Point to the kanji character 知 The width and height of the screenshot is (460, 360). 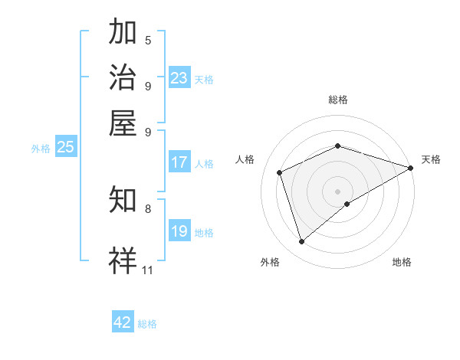tap(123, 199)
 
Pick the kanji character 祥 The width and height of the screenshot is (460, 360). tap(123, 258)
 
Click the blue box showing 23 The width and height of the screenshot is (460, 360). tap(179, 78)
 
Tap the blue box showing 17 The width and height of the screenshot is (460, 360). tap(179, 162)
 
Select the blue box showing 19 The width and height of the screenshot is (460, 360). tap(179, 231)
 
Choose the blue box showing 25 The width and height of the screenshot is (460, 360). tap(65, 147)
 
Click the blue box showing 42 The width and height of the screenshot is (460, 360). tap(123, 322)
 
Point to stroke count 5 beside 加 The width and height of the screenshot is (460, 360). tap(148, 41)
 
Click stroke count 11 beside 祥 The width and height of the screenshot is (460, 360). tap(148, 270)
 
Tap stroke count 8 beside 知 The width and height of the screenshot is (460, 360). tap(148, 208)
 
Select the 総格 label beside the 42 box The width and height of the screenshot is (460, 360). tap(147, 324)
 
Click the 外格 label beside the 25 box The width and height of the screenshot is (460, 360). tap(40, 149)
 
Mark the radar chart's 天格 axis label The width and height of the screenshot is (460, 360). tap(431, 159)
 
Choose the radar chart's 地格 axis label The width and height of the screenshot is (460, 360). tap(402, 263)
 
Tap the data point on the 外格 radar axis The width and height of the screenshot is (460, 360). tap(301, 242)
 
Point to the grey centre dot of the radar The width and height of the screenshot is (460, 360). tap(337, 191)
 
